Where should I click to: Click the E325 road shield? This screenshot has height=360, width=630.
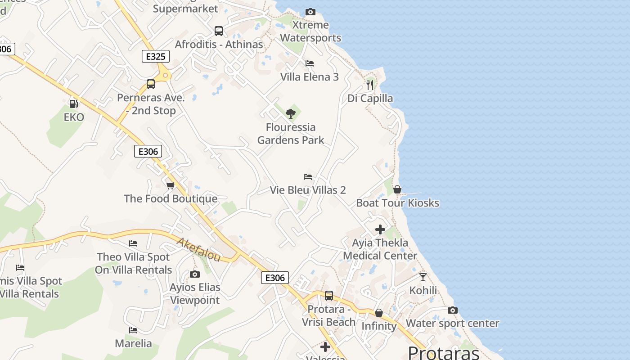click(x=156, y=56)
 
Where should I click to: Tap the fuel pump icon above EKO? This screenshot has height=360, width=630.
click(x=73, y=104)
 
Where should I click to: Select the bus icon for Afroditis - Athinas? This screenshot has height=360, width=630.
click(x=219, y=31)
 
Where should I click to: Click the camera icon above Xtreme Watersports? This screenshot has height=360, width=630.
click(x=310, y=12)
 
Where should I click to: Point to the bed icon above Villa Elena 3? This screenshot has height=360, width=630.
click(x=309, y=63)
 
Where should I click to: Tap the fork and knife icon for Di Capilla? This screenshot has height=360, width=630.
click(x=370, y=85)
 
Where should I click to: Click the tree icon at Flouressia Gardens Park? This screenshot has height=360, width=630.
click(x=291, y=113)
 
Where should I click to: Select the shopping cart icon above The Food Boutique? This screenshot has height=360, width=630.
click(x=170, y=185)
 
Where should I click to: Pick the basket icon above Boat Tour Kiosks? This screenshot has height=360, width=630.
click(x=397, y=189)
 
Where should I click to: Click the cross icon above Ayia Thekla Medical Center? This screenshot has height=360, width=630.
click(x=380, y=229)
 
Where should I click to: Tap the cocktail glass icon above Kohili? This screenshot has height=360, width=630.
click(x=423, y=277)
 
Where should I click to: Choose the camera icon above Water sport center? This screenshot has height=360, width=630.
click(x=453, y=310)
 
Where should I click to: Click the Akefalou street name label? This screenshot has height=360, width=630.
click(x=198, y=250)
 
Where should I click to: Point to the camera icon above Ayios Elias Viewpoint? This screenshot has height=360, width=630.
click(x=195, y=274)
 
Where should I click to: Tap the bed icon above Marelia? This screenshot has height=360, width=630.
click(x=133, y=330)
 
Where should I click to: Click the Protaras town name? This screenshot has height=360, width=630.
click(x=444, y=352)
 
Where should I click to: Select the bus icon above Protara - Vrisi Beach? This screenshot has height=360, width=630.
click(x=329, y=296)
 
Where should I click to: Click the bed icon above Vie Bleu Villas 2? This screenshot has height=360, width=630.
click(x=308, y=177)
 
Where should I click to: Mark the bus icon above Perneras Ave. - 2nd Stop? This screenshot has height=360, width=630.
click(x=151, y=84)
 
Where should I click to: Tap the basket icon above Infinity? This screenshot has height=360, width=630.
click(x=379, y=313)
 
